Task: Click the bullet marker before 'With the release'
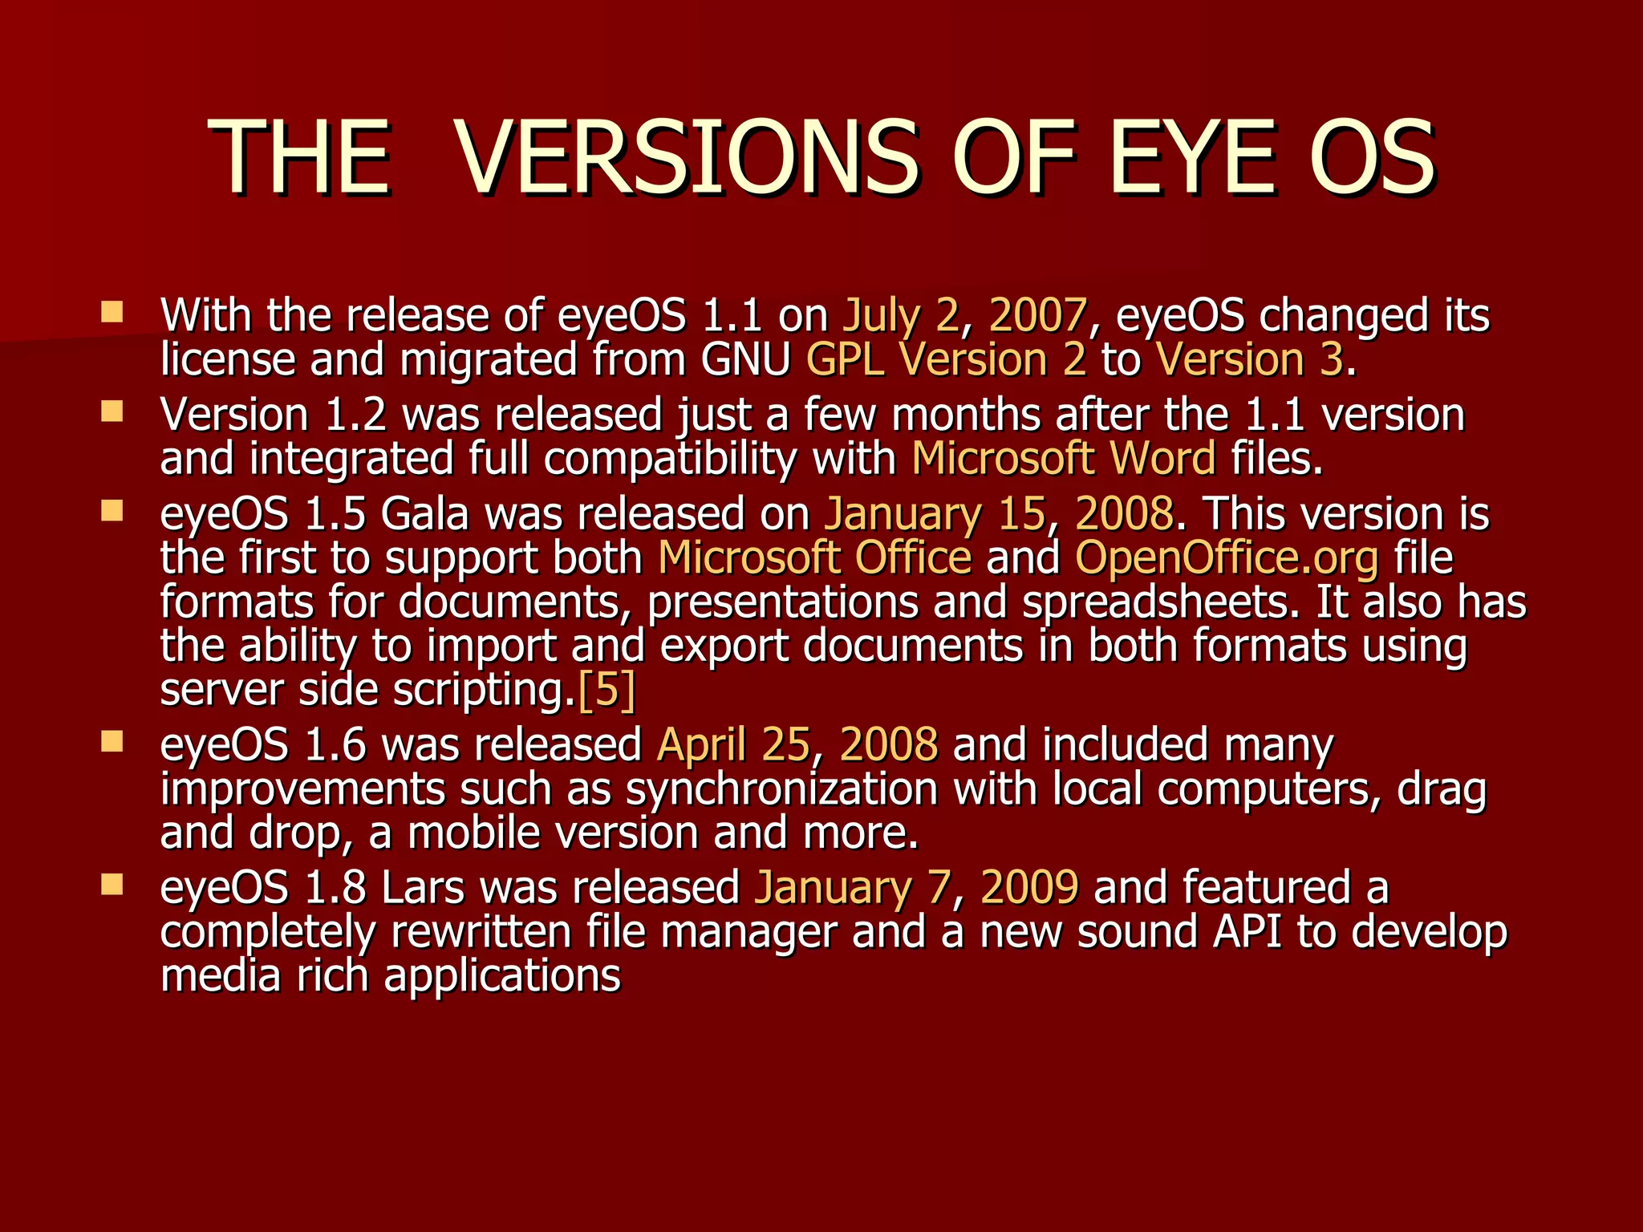point(112,312)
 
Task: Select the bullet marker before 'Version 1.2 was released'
point(112,411)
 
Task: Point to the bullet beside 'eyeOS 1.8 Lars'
point(112,884)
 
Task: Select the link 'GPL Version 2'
point(946,359)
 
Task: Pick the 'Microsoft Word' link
point(1063,459)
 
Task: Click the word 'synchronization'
point(781,789)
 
